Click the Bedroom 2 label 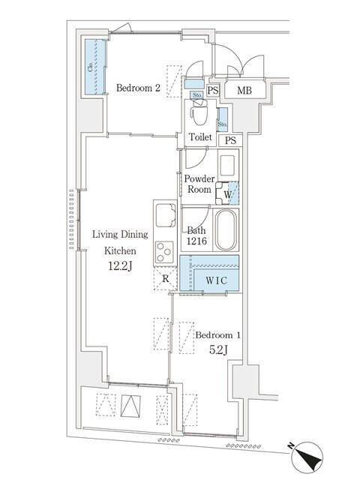[138, 88]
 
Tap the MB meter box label [244, 90]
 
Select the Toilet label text [200, 136]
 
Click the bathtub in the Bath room [226, 230]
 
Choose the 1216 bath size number [196, 241]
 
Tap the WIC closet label [217, 280]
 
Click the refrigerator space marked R [166, 278]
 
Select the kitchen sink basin [166, 215]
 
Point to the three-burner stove [164, 252]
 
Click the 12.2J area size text [120, 266]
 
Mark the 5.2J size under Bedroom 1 [218, 349]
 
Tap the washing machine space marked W [227, 194]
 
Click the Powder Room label [199, 184]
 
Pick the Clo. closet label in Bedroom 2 [91, 67]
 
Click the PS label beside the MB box [213, 90]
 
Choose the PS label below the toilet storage [230, 140]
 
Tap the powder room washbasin [227, 166]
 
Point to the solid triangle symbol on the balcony [130, 406]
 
